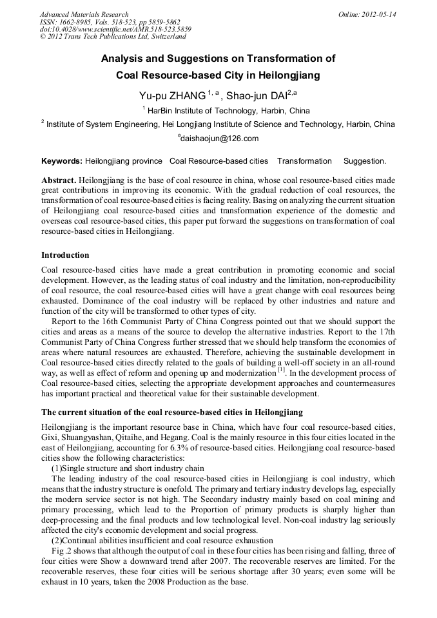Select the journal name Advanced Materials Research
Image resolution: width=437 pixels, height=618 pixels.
tap(84, 14)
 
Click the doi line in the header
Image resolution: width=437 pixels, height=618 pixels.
tap(115, 30)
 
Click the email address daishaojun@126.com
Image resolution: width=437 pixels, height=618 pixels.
tap(219, 139)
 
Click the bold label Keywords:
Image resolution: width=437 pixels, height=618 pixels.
tap(62, 161)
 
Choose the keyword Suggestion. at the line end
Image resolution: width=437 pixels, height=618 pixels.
tap(365, 161)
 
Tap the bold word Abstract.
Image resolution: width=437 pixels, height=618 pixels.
tap(59, 180)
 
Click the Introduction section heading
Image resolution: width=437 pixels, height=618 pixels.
tap(65, 255)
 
